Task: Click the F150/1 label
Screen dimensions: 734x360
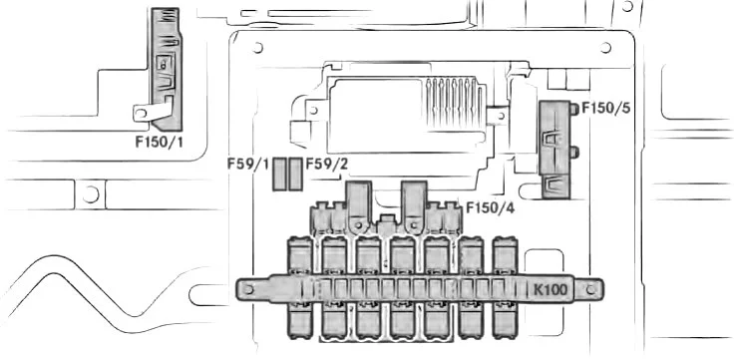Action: (x=160, y=142)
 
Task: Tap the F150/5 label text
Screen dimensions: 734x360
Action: (x=605, y=108)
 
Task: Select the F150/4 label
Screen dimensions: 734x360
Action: (x=490, y=207)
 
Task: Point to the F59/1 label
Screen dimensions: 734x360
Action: (x=248, y=165)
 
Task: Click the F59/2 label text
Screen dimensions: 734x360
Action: (x=327, y=165)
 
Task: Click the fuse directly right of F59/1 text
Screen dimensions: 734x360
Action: (x=279, y=174)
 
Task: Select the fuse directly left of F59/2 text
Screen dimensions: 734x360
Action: (x=295, y=174)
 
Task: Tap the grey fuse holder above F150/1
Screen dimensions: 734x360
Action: (x=167, y=69)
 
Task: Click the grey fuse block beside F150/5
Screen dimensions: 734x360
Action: (x=554, y=150)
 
